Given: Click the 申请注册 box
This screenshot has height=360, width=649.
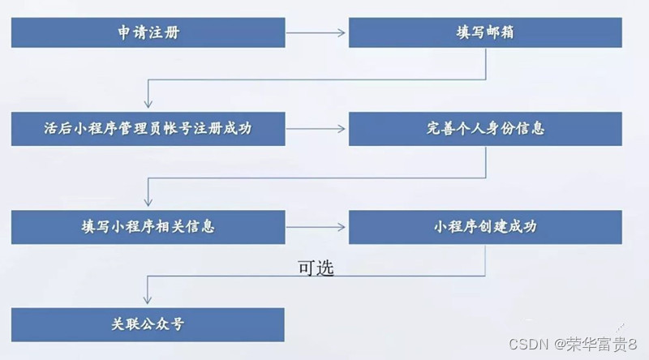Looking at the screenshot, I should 148,32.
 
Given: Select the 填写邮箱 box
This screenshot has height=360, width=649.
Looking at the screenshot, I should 485,32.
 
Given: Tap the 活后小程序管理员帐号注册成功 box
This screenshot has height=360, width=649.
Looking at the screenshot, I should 148,128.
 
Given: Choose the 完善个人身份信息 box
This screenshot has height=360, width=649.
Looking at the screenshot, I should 485,128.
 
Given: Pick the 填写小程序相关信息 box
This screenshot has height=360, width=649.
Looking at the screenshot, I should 148,226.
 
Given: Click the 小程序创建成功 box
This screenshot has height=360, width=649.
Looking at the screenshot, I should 485,226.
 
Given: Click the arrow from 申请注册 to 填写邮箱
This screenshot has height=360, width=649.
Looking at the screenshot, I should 316,33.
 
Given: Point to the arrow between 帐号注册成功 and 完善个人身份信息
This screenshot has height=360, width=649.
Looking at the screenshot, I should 316,129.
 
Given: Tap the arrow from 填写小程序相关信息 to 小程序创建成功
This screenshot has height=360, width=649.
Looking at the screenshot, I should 316,227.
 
